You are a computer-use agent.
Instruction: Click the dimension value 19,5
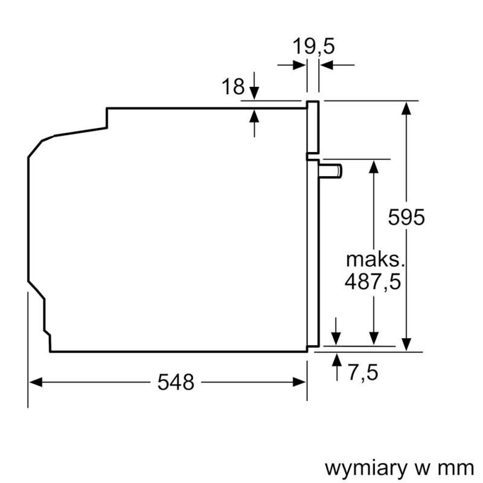pyautogui.click(x=313, y=47)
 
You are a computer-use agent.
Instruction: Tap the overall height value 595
pyautogui.click(x=406, y=217)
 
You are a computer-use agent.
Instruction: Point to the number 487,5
pyautogui.click(x=373, y=281)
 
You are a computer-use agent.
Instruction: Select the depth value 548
pyautogui.click(x=176, y=382)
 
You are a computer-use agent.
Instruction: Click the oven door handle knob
pyautogui.click(x=331, y=171)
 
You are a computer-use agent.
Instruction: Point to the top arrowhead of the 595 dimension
pyautogui.click(x=408, y=107)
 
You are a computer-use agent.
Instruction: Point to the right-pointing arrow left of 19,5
pyautogui.click(x=299, y=65)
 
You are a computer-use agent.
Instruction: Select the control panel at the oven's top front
pyautogui.click(x=313, y=127)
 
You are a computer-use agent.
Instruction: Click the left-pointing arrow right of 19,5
pyautogui.click(x=327, y=65)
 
